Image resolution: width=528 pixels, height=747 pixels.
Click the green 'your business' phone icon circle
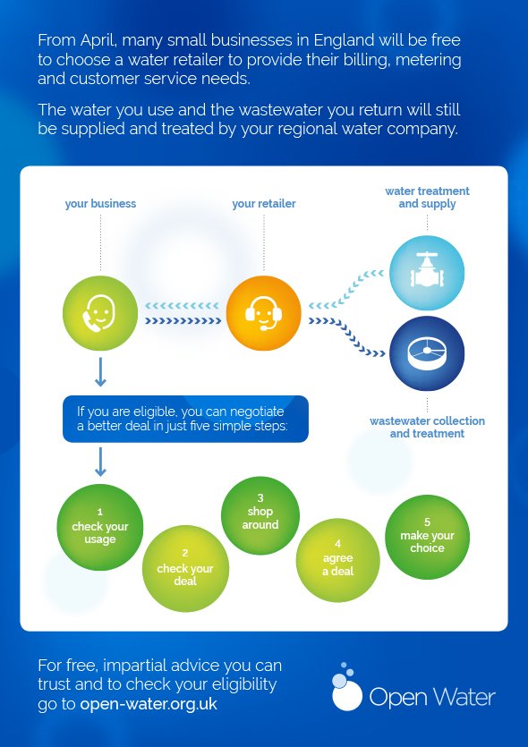100,313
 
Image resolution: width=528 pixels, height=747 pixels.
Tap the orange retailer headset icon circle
263,313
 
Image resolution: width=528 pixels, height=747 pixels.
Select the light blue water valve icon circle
427,273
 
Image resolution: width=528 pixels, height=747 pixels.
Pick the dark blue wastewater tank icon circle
427,353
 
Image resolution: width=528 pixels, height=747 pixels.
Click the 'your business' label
100,204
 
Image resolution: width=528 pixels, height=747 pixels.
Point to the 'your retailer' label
264,204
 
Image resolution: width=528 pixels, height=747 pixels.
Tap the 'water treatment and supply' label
427,197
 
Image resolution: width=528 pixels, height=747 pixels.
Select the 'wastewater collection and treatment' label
427,427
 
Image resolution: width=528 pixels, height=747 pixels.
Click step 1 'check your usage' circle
100,528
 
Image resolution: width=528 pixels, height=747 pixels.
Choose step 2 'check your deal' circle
185,568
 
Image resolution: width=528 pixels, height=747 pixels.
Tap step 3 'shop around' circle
260,515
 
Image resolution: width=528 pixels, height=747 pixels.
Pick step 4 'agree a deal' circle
338,560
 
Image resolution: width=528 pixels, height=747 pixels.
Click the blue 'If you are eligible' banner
186,419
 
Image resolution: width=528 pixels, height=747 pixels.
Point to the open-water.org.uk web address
149,704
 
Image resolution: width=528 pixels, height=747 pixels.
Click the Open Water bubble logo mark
346,687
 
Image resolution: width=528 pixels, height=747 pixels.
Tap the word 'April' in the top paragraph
98,41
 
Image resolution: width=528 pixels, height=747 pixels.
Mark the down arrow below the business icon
100,372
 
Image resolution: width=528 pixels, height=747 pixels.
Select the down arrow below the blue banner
100,462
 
